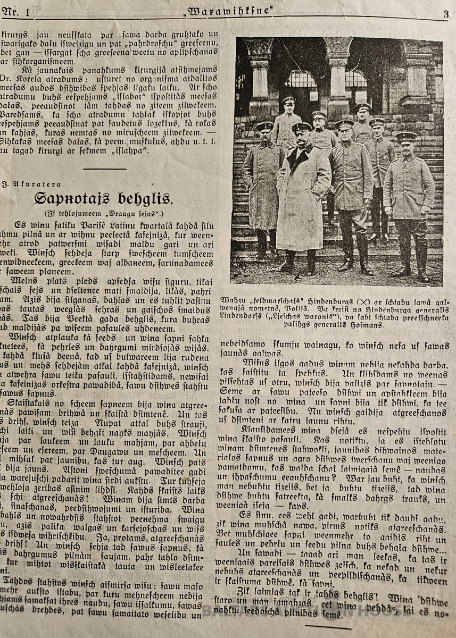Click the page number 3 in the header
(x=445, y=14)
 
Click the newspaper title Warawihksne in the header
(x=229, y=12)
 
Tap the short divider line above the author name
(x=105, y=169)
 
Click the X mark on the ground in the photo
(x=297, y=276)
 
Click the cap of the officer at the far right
(x=406, y=137)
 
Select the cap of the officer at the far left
(x=264, y=127)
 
